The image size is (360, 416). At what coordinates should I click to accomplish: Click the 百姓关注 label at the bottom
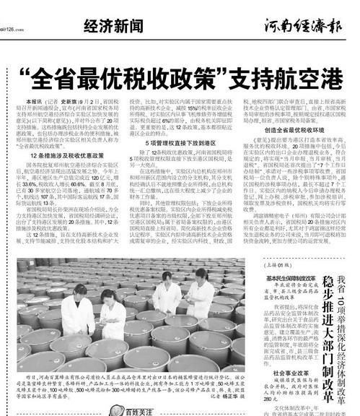pyautogui.click(x=126, y=410)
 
